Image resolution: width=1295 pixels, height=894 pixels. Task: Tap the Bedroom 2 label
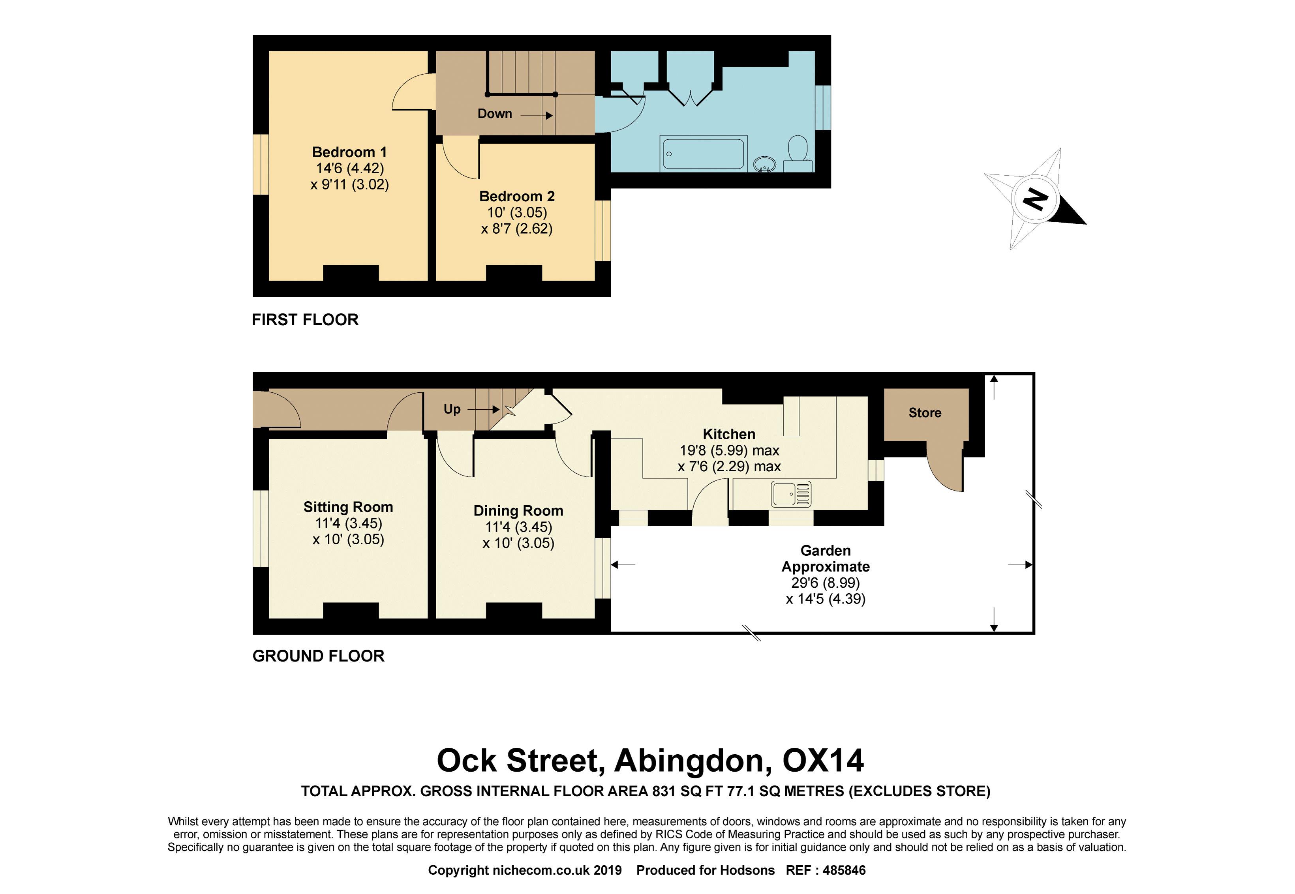point(517,196)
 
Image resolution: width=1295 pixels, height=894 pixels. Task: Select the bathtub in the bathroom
point(703,153)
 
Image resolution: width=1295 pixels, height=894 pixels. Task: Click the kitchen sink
point(791,494)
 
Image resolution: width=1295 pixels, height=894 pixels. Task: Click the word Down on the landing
point(495,114)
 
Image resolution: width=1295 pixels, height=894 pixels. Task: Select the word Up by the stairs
point(452,409)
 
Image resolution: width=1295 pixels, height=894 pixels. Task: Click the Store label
point(925,413)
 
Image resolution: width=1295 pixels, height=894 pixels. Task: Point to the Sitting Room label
point(348,507)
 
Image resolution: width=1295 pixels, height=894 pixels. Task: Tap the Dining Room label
point(518,511)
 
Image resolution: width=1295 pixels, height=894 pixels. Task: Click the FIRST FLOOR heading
point(305,320)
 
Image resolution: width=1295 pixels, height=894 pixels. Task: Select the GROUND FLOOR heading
point(318,656)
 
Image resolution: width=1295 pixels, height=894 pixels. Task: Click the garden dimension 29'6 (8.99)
point(826,583)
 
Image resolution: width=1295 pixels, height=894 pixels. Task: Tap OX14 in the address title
point(823,761)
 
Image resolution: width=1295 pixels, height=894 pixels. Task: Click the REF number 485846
point(845,870)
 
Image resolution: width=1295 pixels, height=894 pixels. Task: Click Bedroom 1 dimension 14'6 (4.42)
point(350,168)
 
